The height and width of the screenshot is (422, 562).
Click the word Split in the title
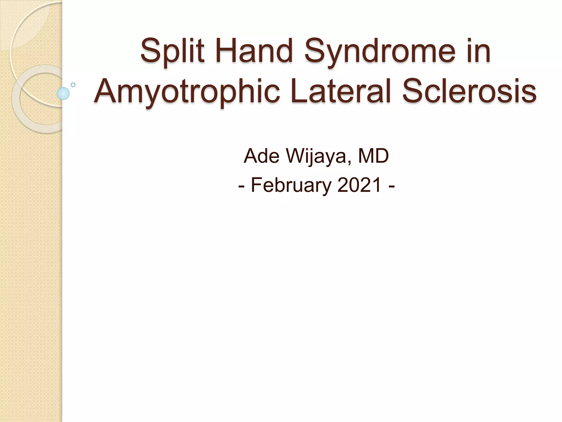[x=172, y=52]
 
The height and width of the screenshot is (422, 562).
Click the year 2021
[x=359, y=185]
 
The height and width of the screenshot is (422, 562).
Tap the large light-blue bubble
[x=63, y=93]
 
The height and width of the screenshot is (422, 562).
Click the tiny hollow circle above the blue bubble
[x=73, y=85]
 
